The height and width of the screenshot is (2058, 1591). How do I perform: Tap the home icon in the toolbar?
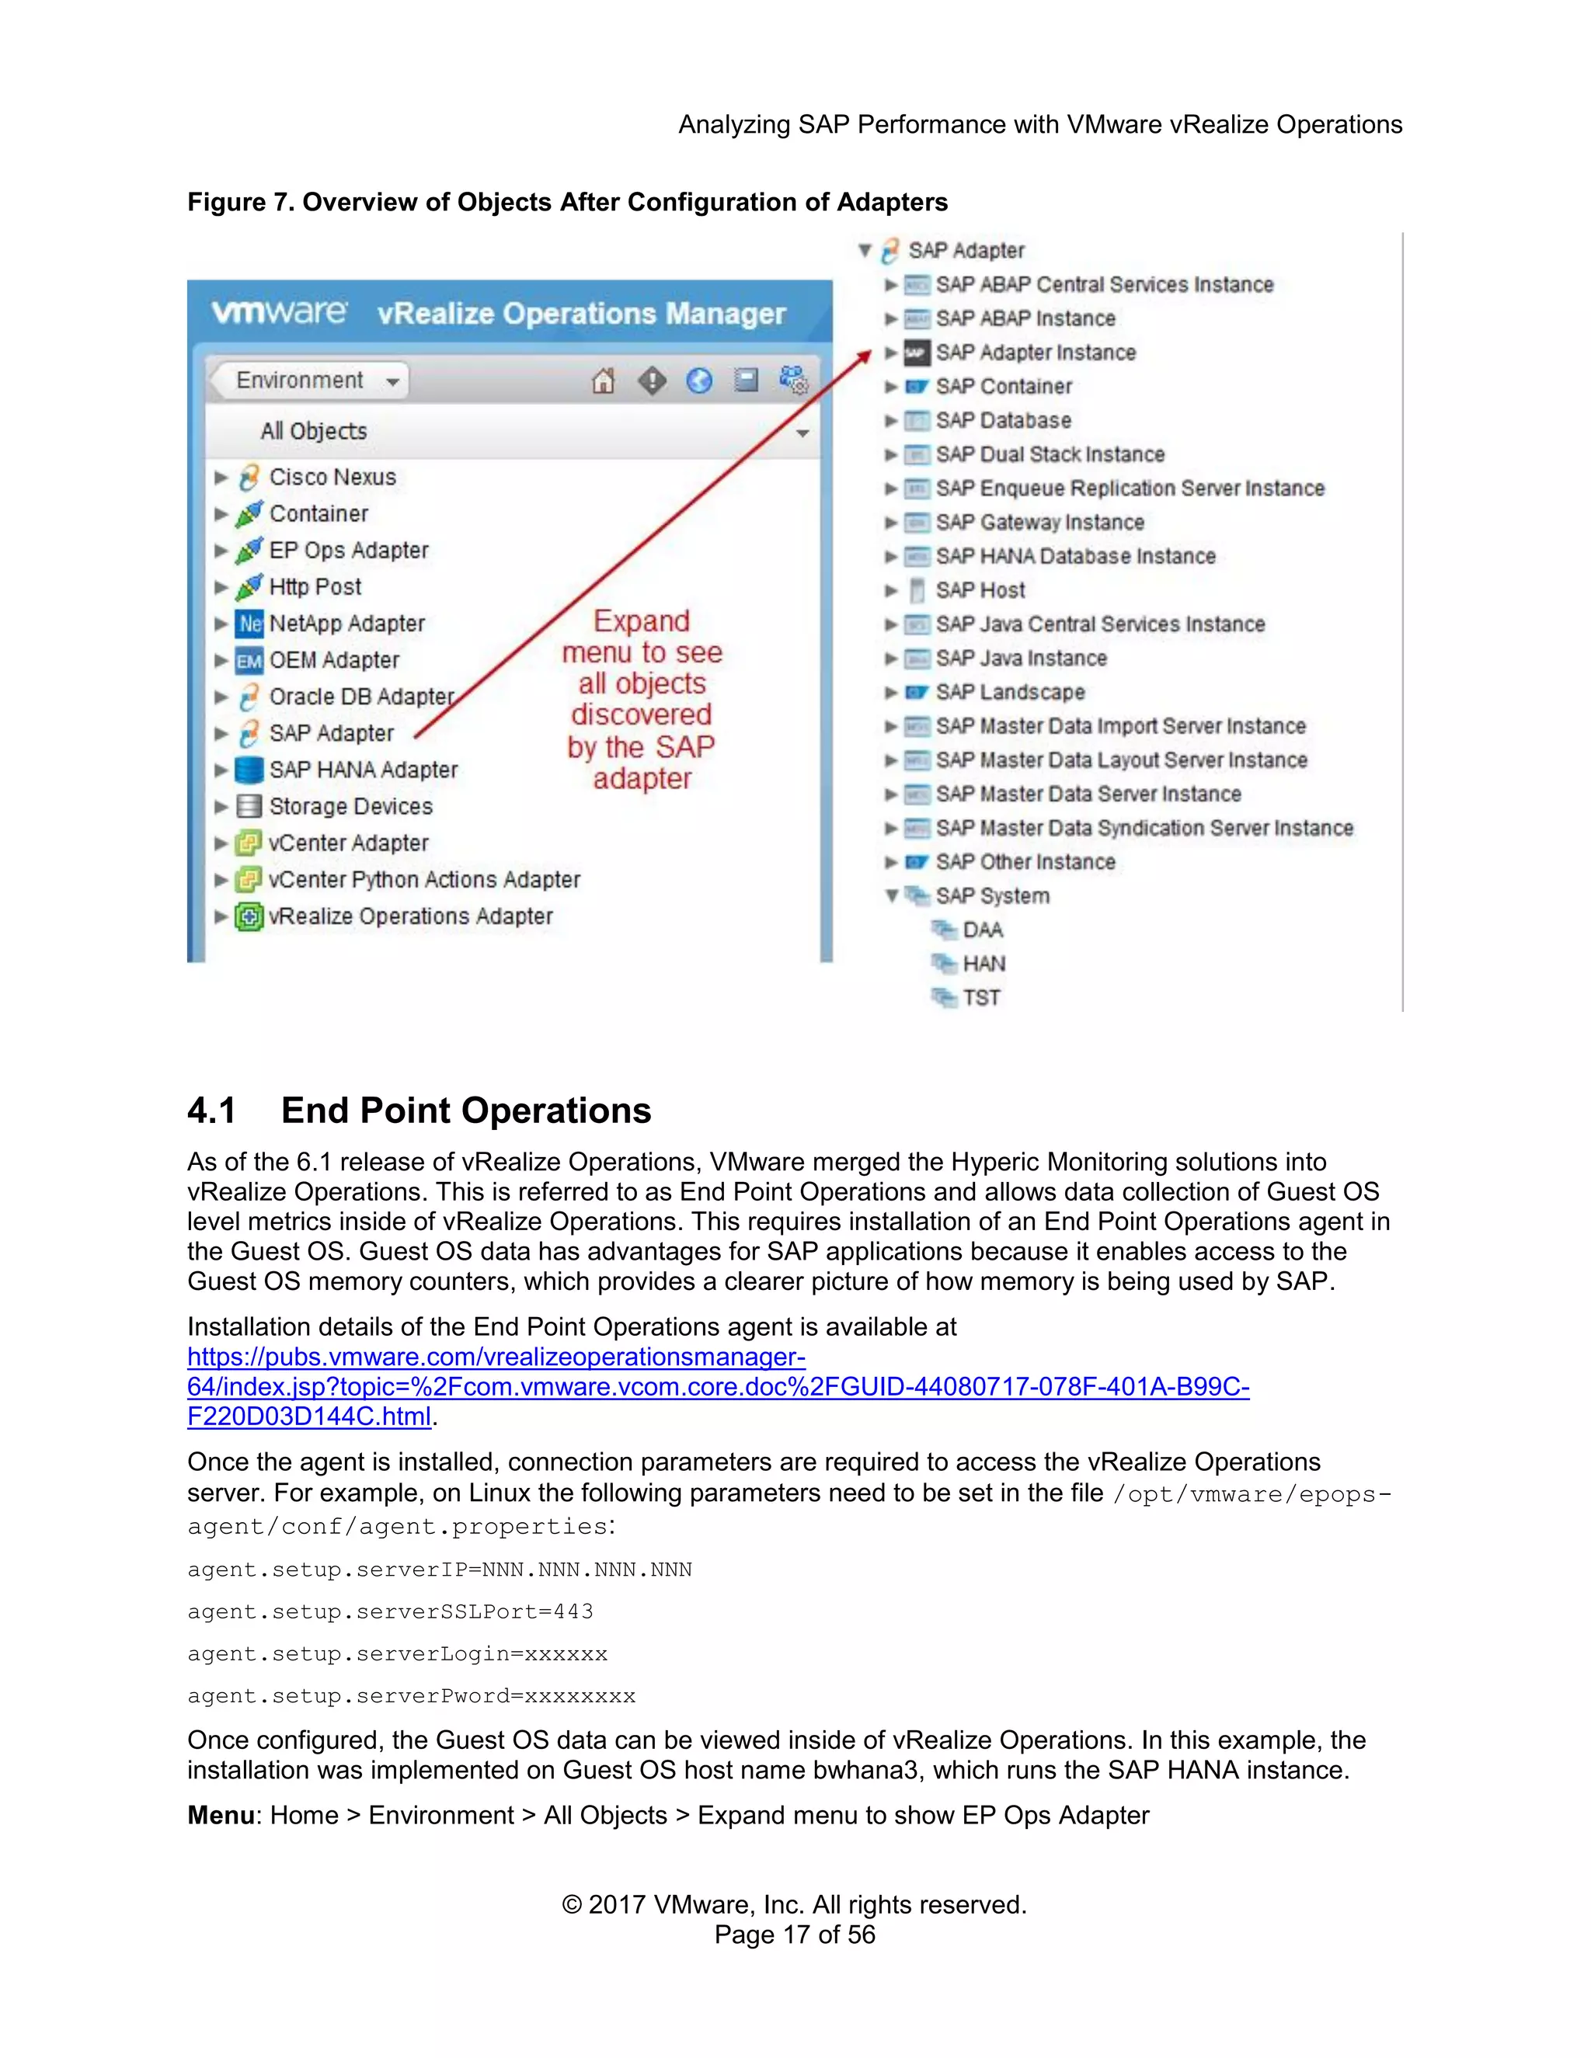point(603,381)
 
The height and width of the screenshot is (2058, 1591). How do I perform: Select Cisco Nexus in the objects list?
point(332,478)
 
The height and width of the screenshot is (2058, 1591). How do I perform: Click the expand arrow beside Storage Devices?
point(221,807)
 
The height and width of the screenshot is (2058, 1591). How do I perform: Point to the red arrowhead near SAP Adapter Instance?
point(865,356)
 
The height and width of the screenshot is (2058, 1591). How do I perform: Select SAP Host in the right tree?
point(980,591)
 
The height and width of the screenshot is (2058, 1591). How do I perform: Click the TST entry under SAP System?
point(980,998)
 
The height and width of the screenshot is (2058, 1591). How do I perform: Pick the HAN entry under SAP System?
point(983,964)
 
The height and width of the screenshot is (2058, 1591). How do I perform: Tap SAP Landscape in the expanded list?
point(1009,693)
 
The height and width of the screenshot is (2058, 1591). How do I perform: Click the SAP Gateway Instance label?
point(1039,523)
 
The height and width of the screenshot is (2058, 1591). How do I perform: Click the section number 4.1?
point(211,1111)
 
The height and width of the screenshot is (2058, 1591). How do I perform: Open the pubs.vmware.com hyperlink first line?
point(496,1357)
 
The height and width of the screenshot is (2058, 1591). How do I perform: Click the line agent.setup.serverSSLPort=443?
point(390,1612)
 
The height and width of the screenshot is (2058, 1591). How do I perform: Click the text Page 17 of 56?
point(795,1935)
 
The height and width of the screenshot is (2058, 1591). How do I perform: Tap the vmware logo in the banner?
point(279,313)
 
